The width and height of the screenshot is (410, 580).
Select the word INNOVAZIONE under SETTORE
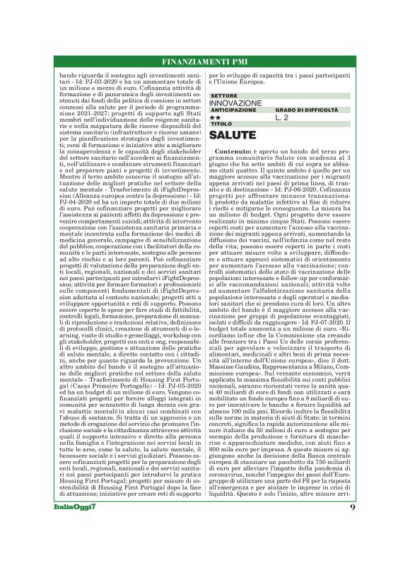coord(235,103)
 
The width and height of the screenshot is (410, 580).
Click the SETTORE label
coord(224,95)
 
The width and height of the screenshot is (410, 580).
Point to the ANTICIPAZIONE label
coord(233,110)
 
